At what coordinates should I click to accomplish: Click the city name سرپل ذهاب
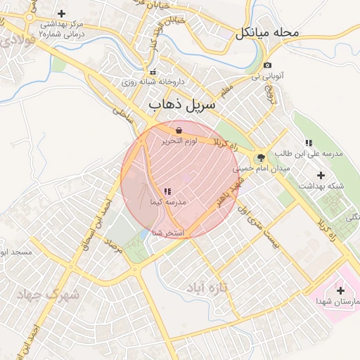(175, 104)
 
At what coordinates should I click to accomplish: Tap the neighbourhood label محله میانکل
(268, 32)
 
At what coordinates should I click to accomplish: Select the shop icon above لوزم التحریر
(179, 130)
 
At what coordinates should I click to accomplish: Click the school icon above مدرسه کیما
(167, 191)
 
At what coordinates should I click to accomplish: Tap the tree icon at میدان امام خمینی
(261, 158)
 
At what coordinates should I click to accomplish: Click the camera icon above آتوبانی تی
(268, 65)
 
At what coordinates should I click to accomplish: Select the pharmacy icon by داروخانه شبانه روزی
(153, 72)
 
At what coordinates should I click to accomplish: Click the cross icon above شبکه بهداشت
(321, 174)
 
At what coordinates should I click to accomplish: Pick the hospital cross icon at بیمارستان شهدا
(341, 290)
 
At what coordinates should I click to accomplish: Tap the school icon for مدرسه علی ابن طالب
(308, 143)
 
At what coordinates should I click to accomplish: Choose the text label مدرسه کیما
(167, 202)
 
